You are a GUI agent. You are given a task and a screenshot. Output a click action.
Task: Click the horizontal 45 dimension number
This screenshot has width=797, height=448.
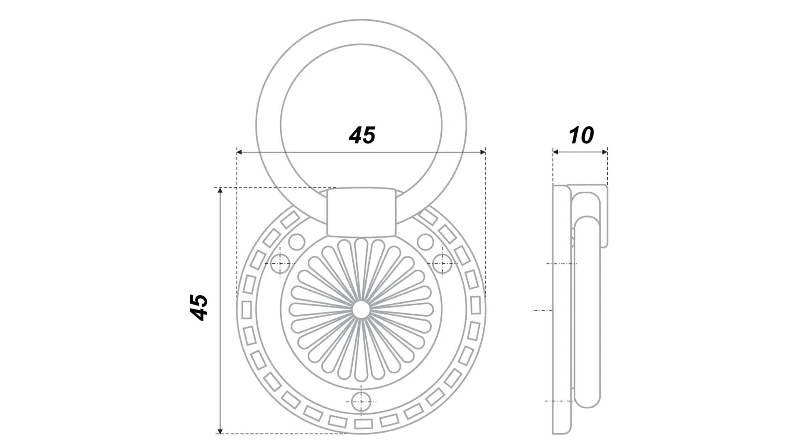(362, 136)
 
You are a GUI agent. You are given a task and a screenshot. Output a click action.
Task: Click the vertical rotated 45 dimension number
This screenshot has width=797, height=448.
(199, 307)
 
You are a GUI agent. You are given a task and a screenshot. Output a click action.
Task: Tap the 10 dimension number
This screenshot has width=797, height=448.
(581, 136)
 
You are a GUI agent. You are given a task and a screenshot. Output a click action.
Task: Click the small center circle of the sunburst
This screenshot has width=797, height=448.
(361, 310)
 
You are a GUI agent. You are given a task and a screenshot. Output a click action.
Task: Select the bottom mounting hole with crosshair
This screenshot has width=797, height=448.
(361, 402)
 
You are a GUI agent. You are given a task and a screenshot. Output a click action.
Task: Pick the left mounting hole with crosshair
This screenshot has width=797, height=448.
(280, 263)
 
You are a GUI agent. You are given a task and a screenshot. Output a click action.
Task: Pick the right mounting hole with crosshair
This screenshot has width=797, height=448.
(442, 263)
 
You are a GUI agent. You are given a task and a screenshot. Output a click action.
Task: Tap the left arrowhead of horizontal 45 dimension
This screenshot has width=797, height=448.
(240, 152)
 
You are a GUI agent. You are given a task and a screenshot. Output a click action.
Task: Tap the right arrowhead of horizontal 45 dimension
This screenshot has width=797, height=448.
(483, 152)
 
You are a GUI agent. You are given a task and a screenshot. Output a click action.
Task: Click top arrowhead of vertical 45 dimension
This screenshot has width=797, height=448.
(220, 191)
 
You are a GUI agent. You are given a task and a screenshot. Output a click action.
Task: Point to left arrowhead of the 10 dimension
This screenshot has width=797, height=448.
(555, 152)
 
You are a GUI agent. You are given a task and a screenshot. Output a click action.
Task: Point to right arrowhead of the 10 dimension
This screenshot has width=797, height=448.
(605, 152)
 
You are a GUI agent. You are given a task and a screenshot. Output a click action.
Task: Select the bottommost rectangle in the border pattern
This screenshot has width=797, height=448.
(363, 424)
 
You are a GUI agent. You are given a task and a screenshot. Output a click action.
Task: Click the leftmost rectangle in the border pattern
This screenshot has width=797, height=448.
(246, 310)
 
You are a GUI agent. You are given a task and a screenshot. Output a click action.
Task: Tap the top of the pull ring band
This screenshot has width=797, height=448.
(361, 32)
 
